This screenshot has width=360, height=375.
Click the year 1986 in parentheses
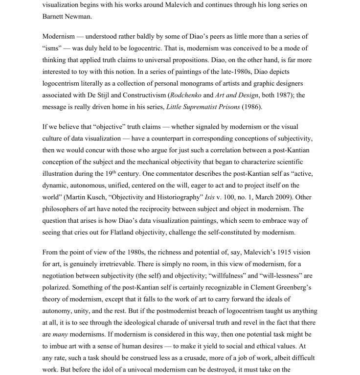click(x=253, y=107)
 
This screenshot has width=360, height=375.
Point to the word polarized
click(x=61, y=287)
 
